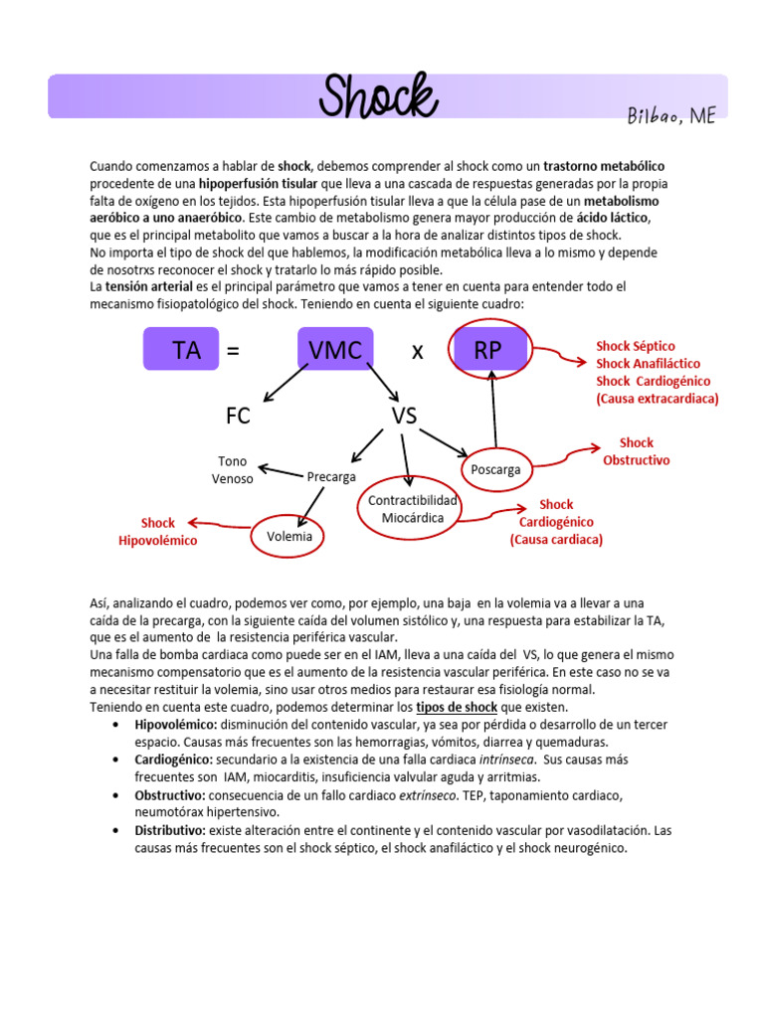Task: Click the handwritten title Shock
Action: [x=378, y=96]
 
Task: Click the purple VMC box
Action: [x=334, y=349]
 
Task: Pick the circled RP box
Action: [x=487, y=349]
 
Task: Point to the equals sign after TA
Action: [x=233, y=350]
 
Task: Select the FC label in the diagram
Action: [x=238, y=417]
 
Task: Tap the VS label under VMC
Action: [x=403, y=417]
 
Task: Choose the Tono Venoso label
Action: [x=232, y=469]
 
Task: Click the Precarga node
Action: [x=331, y=477]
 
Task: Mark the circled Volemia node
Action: [x=289, y=536]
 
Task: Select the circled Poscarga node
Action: [x=494, y=469]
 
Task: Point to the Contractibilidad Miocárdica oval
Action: [x=412, y=508]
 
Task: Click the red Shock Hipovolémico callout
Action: [x=157, y=532]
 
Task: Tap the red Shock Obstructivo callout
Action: [x=636, y=451]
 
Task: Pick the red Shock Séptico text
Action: [x=635, y=346]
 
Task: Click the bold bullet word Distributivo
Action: [x=170, y=830]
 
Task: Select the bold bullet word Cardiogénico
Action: [x=173, y=760]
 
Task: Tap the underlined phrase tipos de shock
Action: [x=457, y=707]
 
